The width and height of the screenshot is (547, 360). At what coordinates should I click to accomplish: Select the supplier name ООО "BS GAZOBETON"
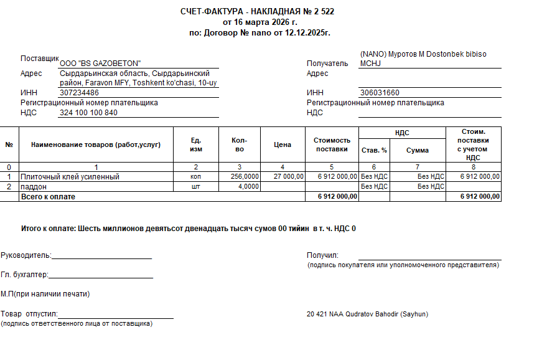point(100,64)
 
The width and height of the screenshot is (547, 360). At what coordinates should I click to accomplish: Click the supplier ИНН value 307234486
point(79,93)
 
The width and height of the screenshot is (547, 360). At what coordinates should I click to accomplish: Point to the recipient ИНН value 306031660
point(380,93)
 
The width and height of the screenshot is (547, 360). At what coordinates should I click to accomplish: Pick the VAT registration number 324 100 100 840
point(88,113)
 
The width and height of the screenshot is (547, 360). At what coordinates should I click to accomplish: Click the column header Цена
point(283,144)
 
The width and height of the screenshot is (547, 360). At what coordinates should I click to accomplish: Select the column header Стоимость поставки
point(332,144)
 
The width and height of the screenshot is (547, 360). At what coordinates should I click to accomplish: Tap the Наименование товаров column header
point(96,144)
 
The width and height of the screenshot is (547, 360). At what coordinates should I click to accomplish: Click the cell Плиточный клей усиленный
point(70,177)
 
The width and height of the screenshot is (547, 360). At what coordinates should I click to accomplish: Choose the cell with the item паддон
point(34,186)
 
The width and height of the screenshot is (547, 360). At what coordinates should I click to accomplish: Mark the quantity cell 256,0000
point(245,177)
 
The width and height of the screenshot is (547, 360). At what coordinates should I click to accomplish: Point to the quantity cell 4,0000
point(249,186)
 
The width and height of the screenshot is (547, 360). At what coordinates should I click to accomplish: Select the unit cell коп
point(195,177)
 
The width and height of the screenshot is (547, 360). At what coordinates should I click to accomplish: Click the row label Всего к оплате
point(48,196)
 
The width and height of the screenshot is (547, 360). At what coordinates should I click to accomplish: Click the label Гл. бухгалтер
point(24,275)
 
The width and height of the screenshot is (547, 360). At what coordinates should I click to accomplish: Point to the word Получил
point(322,255)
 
